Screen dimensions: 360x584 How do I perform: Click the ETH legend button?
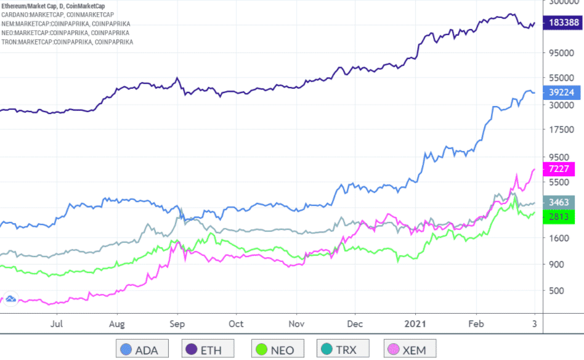[209, 350]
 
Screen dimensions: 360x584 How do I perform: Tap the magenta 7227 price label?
[560, 169]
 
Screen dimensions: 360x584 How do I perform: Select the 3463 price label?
[560, 202]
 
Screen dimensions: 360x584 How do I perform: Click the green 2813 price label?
[560, 216]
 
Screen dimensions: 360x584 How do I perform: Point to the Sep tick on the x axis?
[177, 323]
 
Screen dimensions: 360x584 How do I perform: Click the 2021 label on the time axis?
[415, 323]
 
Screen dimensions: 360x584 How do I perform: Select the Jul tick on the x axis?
[57, 323]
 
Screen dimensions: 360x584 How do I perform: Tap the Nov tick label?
[297, 323]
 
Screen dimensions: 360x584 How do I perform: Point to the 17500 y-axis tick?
[560, 130]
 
